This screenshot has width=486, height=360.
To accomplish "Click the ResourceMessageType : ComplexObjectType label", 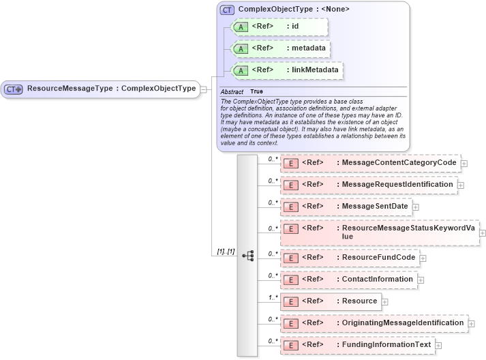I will click(x=111, y=89).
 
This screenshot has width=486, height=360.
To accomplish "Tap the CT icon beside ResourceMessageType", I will click(x=13, y=89).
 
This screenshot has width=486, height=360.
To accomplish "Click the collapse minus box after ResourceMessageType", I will click(x=203, y=89).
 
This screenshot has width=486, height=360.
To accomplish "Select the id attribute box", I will click(x=280, y=27).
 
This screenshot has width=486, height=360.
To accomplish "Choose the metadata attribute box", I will click(x=282, y=48).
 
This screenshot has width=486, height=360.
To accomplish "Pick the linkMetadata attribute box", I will click(x=287, y=70).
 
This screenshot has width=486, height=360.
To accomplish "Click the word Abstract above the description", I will click(x=232, y=91).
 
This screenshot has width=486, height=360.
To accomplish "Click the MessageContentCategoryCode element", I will click(x=370, y=164).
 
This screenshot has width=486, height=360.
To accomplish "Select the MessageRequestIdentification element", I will click(x=368, y=185).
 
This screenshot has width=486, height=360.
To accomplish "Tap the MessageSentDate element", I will click(x=346, y=207).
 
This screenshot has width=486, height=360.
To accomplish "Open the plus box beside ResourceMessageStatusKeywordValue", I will click(x=483, y=232).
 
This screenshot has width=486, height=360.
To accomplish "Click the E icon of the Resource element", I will click(x=291, y=301).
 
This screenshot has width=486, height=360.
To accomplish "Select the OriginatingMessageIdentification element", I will click(x=374, y=322).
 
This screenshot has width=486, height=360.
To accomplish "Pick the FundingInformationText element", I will click(x=356, y=345).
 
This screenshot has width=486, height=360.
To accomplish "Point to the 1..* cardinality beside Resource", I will click(x=273, y=297).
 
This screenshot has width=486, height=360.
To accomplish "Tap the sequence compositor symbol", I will click(x=247, y=255).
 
